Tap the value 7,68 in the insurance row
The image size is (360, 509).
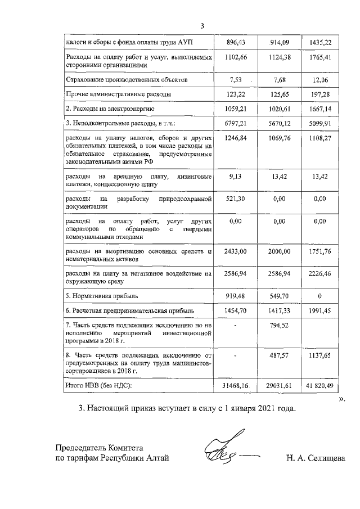[279, 80]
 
